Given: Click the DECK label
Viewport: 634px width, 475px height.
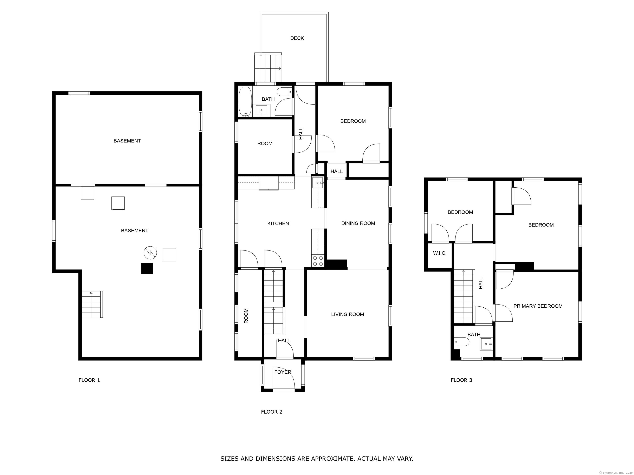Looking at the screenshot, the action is (297, 38).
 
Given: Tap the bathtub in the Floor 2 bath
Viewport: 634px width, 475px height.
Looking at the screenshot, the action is (245, 102).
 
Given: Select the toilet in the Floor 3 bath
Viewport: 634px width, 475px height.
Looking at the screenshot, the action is (461, 342).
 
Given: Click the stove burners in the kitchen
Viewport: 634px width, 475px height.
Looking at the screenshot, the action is (318, 261).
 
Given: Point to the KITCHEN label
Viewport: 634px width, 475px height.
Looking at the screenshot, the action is (278, 223).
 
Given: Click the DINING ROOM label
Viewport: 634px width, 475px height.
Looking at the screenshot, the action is (358, 223).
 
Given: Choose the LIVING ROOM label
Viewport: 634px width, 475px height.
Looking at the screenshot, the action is (347, 314).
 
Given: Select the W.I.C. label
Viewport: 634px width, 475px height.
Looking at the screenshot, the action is (440, 253).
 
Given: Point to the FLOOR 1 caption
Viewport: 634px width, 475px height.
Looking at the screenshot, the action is (89, 380).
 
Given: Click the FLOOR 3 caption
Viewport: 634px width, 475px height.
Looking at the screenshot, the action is (461, 380).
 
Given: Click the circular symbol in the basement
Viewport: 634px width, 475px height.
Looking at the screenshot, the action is (150, 253).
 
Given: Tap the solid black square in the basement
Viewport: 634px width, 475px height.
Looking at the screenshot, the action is (147, 268).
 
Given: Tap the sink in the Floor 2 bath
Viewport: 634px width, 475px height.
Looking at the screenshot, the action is (261, 111).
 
